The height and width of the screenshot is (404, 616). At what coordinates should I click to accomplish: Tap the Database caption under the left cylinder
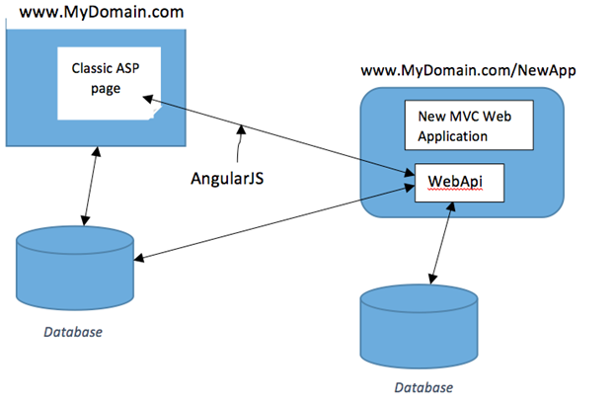pyautogui.click(x=71, y=332)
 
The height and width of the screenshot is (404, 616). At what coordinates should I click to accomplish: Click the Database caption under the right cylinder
pyautogui.click(x=422, y=387)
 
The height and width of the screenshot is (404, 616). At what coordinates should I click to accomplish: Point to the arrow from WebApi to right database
pyautogui.click(x=440, y=243)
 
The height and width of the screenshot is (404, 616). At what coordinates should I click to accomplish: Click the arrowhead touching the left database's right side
pyautogui.click(x=139, y=259)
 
